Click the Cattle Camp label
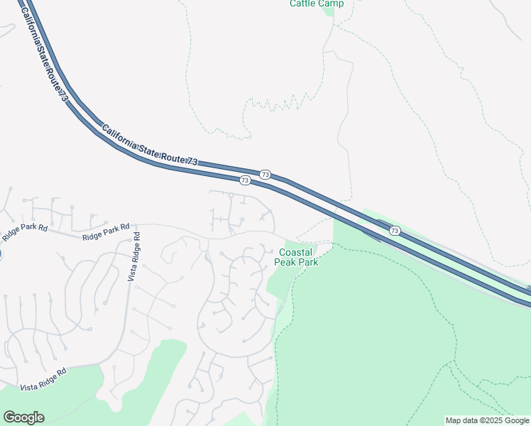pyautogui.click(x=317, y=4)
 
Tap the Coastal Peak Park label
pyautogui.click(x=297, y=257)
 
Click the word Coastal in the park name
pyautogui.click(x=297, y=252)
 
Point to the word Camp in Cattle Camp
pyautogui.click(x=332, y=4)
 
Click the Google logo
pyautogui.click(x=23, y=417)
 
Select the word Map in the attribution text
pyautogui.click(x=454, y=420)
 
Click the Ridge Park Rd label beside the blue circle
pyautogui.click(x=24, y=230)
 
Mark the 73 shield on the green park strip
pyautogui.click(x=395, y=231)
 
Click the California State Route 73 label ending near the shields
pyautogui.click(x=149, y=147)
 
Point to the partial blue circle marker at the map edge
pyautogui.click(x=1, y=254)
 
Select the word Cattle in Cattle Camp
pyautogui.click(x=302, y=4)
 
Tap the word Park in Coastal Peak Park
pyautogui.click(x=307, y=262)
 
